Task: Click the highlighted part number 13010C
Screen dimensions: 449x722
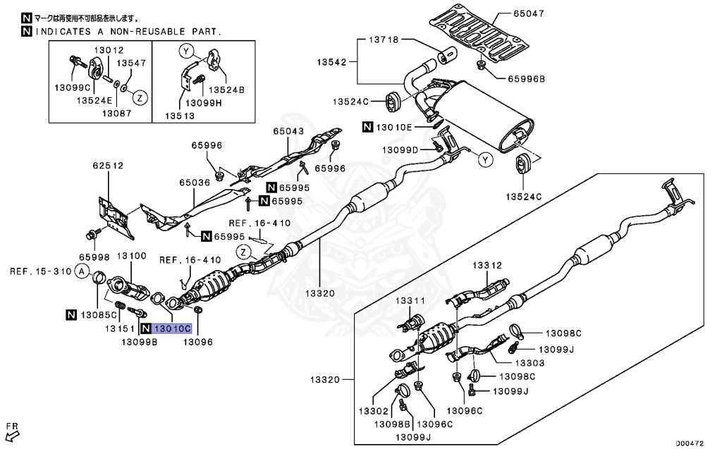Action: [172, 328]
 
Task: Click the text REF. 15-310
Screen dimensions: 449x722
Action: [39, 271]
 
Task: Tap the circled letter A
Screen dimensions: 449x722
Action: [82, 271]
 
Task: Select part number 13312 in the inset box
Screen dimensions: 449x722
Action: [487, 265]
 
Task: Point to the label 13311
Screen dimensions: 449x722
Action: [410, 301]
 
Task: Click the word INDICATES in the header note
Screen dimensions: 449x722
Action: [63, 32]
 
